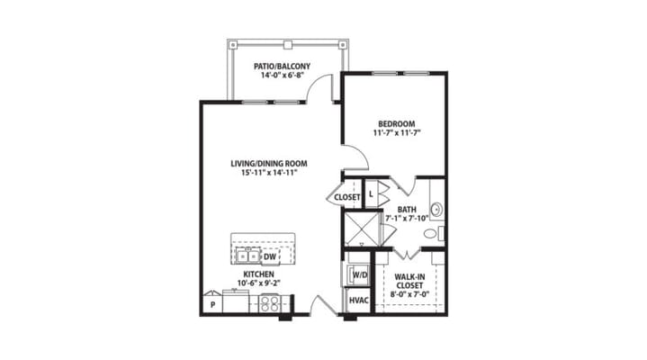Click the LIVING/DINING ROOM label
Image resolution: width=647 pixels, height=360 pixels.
(269, 164)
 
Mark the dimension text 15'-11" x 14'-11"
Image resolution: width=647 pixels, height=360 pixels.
(269, 174)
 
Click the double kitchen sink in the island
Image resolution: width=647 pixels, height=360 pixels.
(247, 256)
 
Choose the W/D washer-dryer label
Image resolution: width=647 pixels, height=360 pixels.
(360, 274)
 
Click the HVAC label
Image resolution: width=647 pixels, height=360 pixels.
(357, 301)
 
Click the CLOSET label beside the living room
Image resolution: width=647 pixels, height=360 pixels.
(347, 196)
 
